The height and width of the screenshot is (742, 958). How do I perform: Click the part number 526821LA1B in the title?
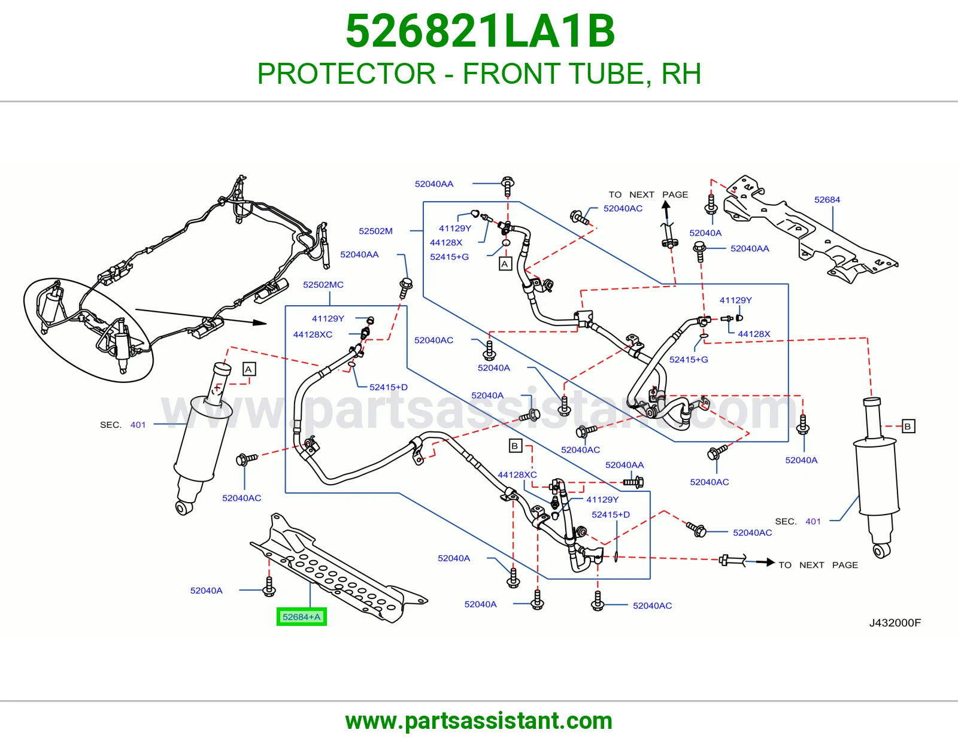480,31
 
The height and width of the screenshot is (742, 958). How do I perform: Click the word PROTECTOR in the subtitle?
347,74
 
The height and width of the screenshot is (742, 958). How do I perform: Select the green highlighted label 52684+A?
302,617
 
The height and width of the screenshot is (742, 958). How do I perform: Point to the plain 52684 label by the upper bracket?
827,200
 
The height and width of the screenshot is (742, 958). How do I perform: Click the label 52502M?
375,231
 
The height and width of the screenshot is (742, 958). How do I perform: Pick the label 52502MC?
323,285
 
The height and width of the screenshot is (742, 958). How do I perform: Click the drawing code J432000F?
895,622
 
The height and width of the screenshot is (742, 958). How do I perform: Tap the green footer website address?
479,721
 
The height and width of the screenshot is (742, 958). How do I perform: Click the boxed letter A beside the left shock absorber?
248,369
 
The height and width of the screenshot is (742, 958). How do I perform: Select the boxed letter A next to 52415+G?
505,264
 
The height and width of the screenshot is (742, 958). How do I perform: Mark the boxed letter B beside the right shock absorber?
908,426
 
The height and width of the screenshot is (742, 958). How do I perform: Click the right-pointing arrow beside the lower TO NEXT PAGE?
765,562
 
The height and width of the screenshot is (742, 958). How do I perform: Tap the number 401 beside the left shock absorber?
138,425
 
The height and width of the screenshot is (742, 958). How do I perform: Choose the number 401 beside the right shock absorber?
813,521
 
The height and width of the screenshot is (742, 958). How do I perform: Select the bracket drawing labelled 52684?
810,229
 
